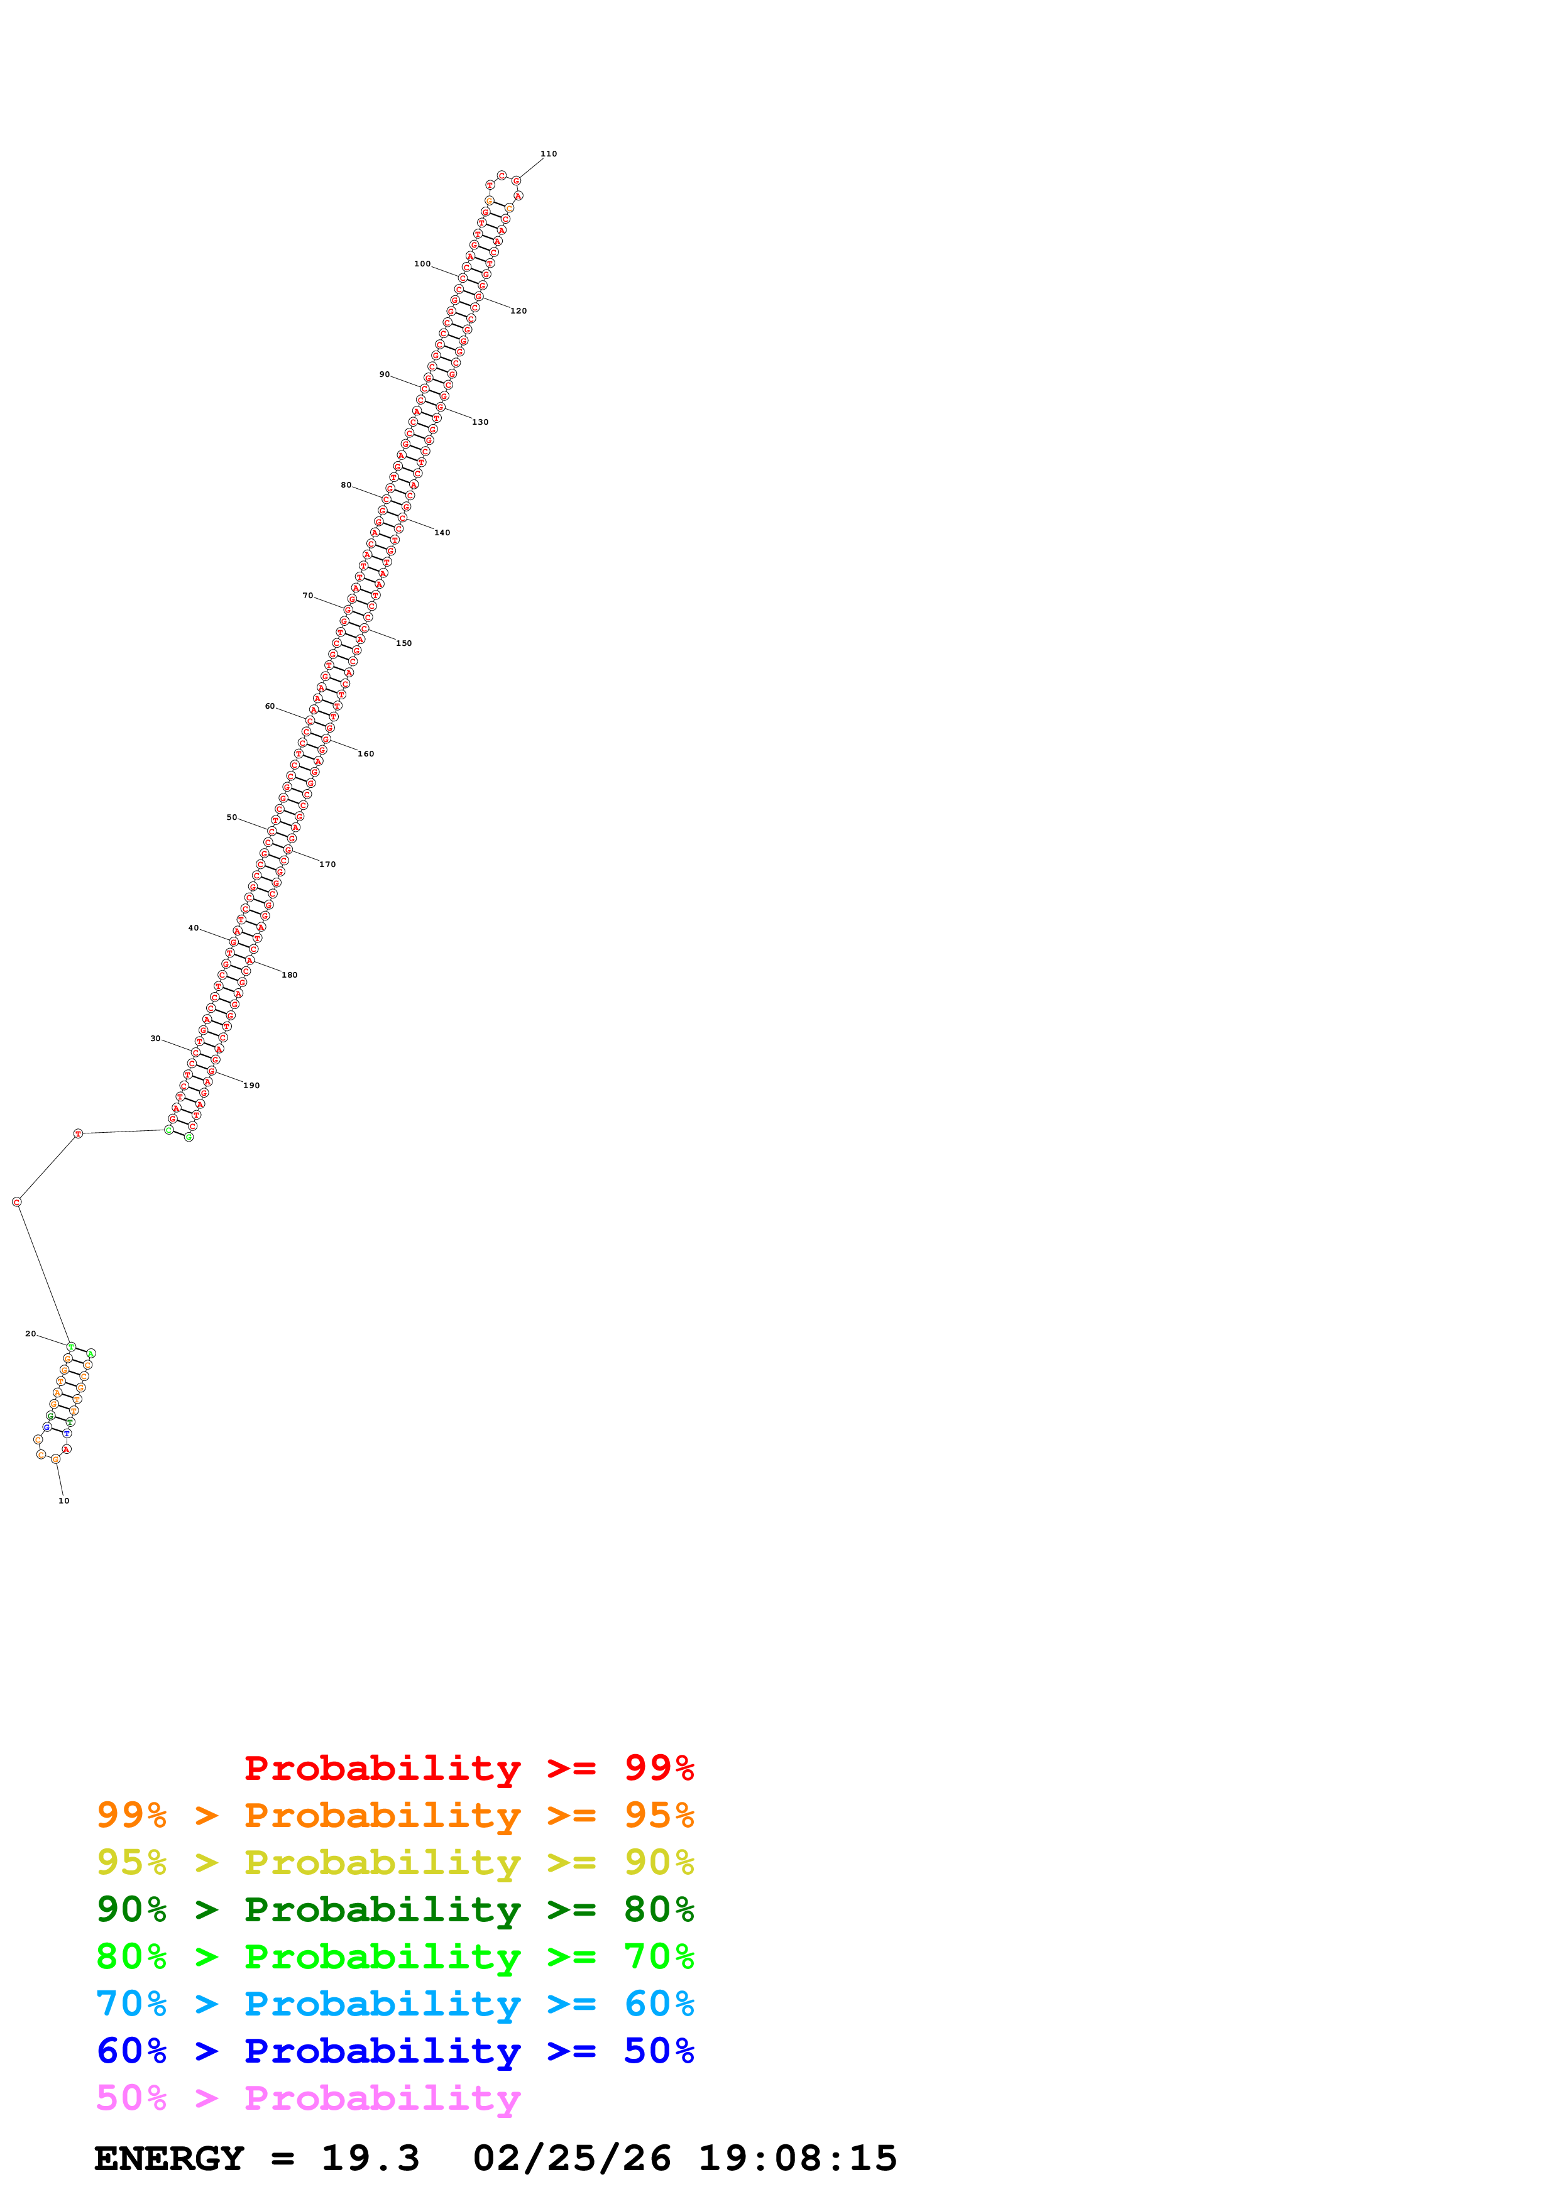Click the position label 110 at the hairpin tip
click(x=548, y=153)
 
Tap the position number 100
click(x=422, y=264)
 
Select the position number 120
click(x=518, y=311)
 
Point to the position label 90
click(x=384, y=374)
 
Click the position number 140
click(x=442, y=533)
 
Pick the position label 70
click(x=307, y=596)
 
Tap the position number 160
click(x=366, y=753)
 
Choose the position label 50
click(x=231, y=818)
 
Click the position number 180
click(x=289, y=975)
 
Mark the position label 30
click(x=155, y=1039)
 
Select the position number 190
click(x=251, y=1086)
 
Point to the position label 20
click(x=31, y=1333)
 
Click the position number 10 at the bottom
click(x=63, y=1500)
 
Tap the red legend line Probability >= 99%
click(x=468, y=1768)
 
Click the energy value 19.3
click(x=370, y=2158)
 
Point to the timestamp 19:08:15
click(x=797, y=2158)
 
